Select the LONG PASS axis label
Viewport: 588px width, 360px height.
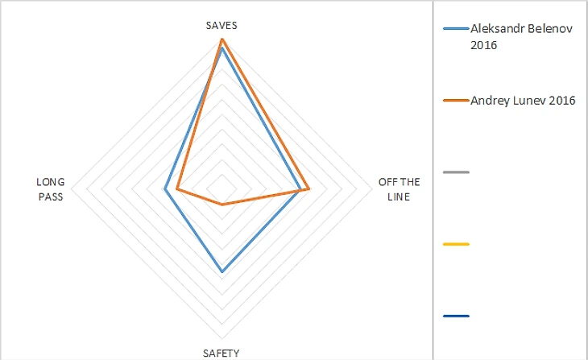point(50,188)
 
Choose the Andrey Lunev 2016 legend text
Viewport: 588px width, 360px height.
point(522,101)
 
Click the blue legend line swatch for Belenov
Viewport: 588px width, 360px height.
point(456,29)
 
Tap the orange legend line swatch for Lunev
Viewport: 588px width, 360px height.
point(456,101)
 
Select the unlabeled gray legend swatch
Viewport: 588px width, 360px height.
point(456,172)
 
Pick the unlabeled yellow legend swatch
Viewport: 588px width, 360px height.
point(456,243)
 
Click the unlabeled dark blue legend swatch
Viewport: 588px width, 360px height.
point(456,315)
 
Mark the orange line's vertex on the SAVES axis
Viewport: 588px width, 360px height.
point(222,39)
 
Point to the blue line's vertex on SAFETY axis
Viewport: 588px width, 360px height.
point(222,272)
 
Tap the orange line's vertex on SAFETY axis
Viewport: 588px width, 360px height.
point(222,205)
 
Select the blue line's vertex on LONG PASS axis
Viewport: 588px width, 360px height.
point(164,190)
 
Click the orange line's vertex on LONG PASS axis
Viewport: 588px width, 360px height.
point(176,190)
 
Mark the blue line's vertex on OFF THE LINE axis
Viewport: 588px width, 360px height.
point(300,190)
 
